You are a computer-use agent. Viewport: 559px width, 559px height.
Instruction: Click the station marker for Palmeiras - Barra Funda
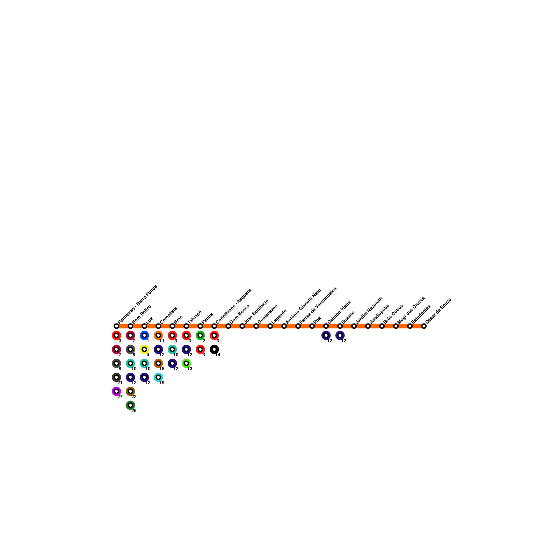(116, 326)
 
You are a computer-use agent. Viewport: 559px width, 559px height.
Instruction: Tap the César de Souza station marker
(424, 326)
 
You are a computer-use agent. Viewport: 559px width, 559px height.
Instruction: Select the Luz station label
(149, 320)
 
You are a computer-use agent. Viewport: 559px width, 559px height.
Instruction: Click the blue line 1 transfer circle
(144, 335)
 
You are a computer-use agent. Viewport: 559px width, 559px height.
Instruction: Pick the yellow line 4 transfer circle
(144, 349)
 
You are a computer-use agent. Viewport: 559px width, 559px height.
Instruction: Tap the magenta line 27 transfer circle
(116, 391)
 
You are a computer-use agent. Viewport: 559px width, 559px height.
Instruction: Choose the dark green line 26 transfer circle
(130, 405)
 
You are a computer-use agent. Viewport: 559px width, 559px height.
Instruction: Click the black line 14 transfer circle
(214, 349)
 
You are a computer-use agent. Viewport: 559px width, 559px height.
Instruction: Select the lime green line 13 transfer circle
(186, 363)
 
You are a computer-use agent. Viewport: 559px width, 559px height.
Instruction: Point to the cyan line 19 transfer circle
(158, 377)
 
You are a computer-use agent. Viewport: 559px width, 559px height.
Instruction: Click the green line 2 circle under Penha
(200, 335)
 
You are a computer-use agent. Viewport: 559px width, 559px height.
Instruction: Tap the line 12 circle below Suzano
(340, 335)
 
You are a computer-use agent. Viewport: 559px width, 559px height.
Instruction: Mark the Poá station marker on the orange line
(312, 326)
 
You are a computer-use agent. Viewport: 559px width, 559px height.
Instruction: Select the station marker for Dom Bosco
(228, 326)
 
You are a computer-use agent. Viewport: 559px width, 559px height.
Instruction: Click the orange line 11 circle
(158, 335)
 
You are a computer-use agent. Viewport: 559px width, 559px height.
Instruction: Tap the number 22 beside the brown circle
(134, 397)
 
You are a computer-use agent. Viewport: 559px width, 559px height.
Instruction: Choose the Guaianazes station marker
(256, 326)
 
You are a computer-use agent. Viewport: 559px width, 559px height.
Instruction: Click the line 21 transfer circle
(116, 377)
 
